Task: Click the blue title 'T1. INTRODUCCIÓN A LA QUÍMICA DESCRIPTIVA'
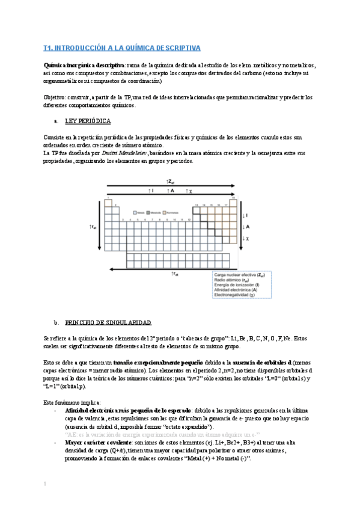[122, 48]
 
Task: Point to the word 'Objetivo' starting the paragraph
[55, 97]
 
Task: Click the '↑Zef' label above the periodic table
[170, 181]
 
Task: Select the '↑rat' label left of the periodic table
[93, 226]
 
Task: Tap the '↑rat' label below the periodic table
[175, 274]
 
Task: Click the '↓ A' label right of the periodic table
[243, 227]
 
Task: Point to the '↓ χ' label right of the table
[243, 239]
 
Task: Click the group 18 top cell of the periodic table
[232, 201]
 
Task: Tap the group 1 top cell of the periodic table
[108, 201]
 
